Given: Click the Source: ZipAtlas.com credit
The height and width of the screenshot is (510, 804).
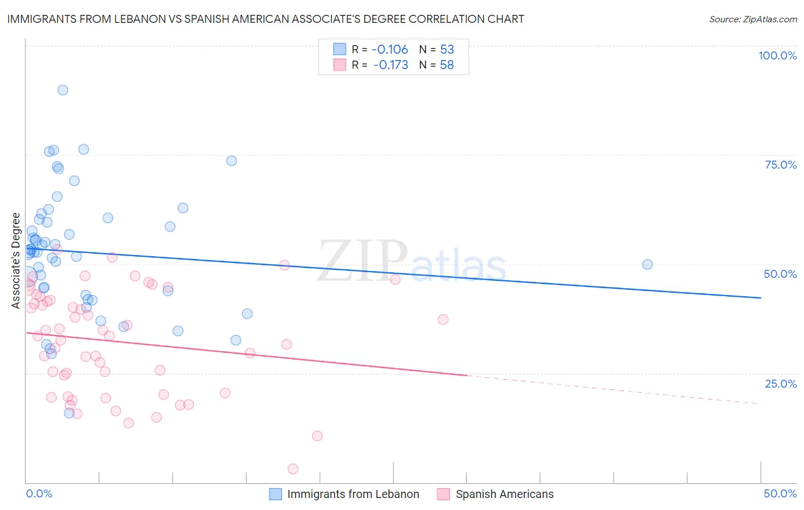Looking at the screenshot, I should tap(753, 19).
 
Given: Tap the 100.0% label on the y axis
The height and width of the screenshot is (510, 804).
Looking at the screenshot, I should tap(777, 55).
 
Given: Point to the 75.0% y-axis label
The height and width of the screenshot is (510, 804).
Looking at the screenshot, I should tap(781, 165).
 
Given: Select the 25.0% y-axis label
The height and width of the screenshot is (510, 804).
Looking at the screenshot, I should tap(781, 384).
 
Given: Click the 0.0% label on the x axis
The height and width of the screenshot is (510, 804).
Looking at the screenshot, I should tap(39, 493).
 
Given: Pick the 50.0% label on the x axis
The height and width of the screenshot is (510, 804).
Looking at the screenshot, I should tap(780, 493).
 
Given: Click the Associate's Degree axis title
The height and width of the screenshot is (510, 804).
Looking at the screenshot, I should tap(16, 261).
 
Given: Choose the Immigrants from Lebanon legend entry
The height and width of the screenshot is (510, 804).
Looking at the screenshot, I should tap(353, 494).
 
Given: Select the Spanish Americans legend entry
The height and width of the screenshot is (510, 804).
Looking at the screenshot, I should tap(504, 494).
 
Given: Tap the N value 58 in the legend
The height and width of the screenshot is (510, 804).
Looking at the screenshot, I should tap(447, 65).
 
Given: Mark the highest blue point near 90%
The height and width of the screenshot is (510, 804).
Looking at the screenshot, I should tap(63, 90).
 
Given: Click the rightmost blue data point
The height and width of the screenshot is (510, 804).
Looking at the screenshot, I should tap(647, 264).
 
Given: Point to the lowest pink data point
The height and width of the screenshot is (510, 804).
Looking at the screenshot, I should tap(293, 469).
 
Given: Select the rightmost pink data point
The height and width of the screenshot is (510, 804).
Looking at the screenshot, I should tap(443, 320).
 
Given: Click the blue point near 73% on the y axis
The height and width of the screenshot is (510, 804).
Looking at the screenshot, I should tap(232, 161).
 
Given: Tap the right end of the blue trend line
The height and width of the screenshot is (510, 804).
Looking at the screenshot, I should tap(761, 298).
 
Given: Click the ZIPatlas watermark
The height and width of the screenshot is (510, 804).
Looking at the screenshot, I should tap(412, 262).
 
